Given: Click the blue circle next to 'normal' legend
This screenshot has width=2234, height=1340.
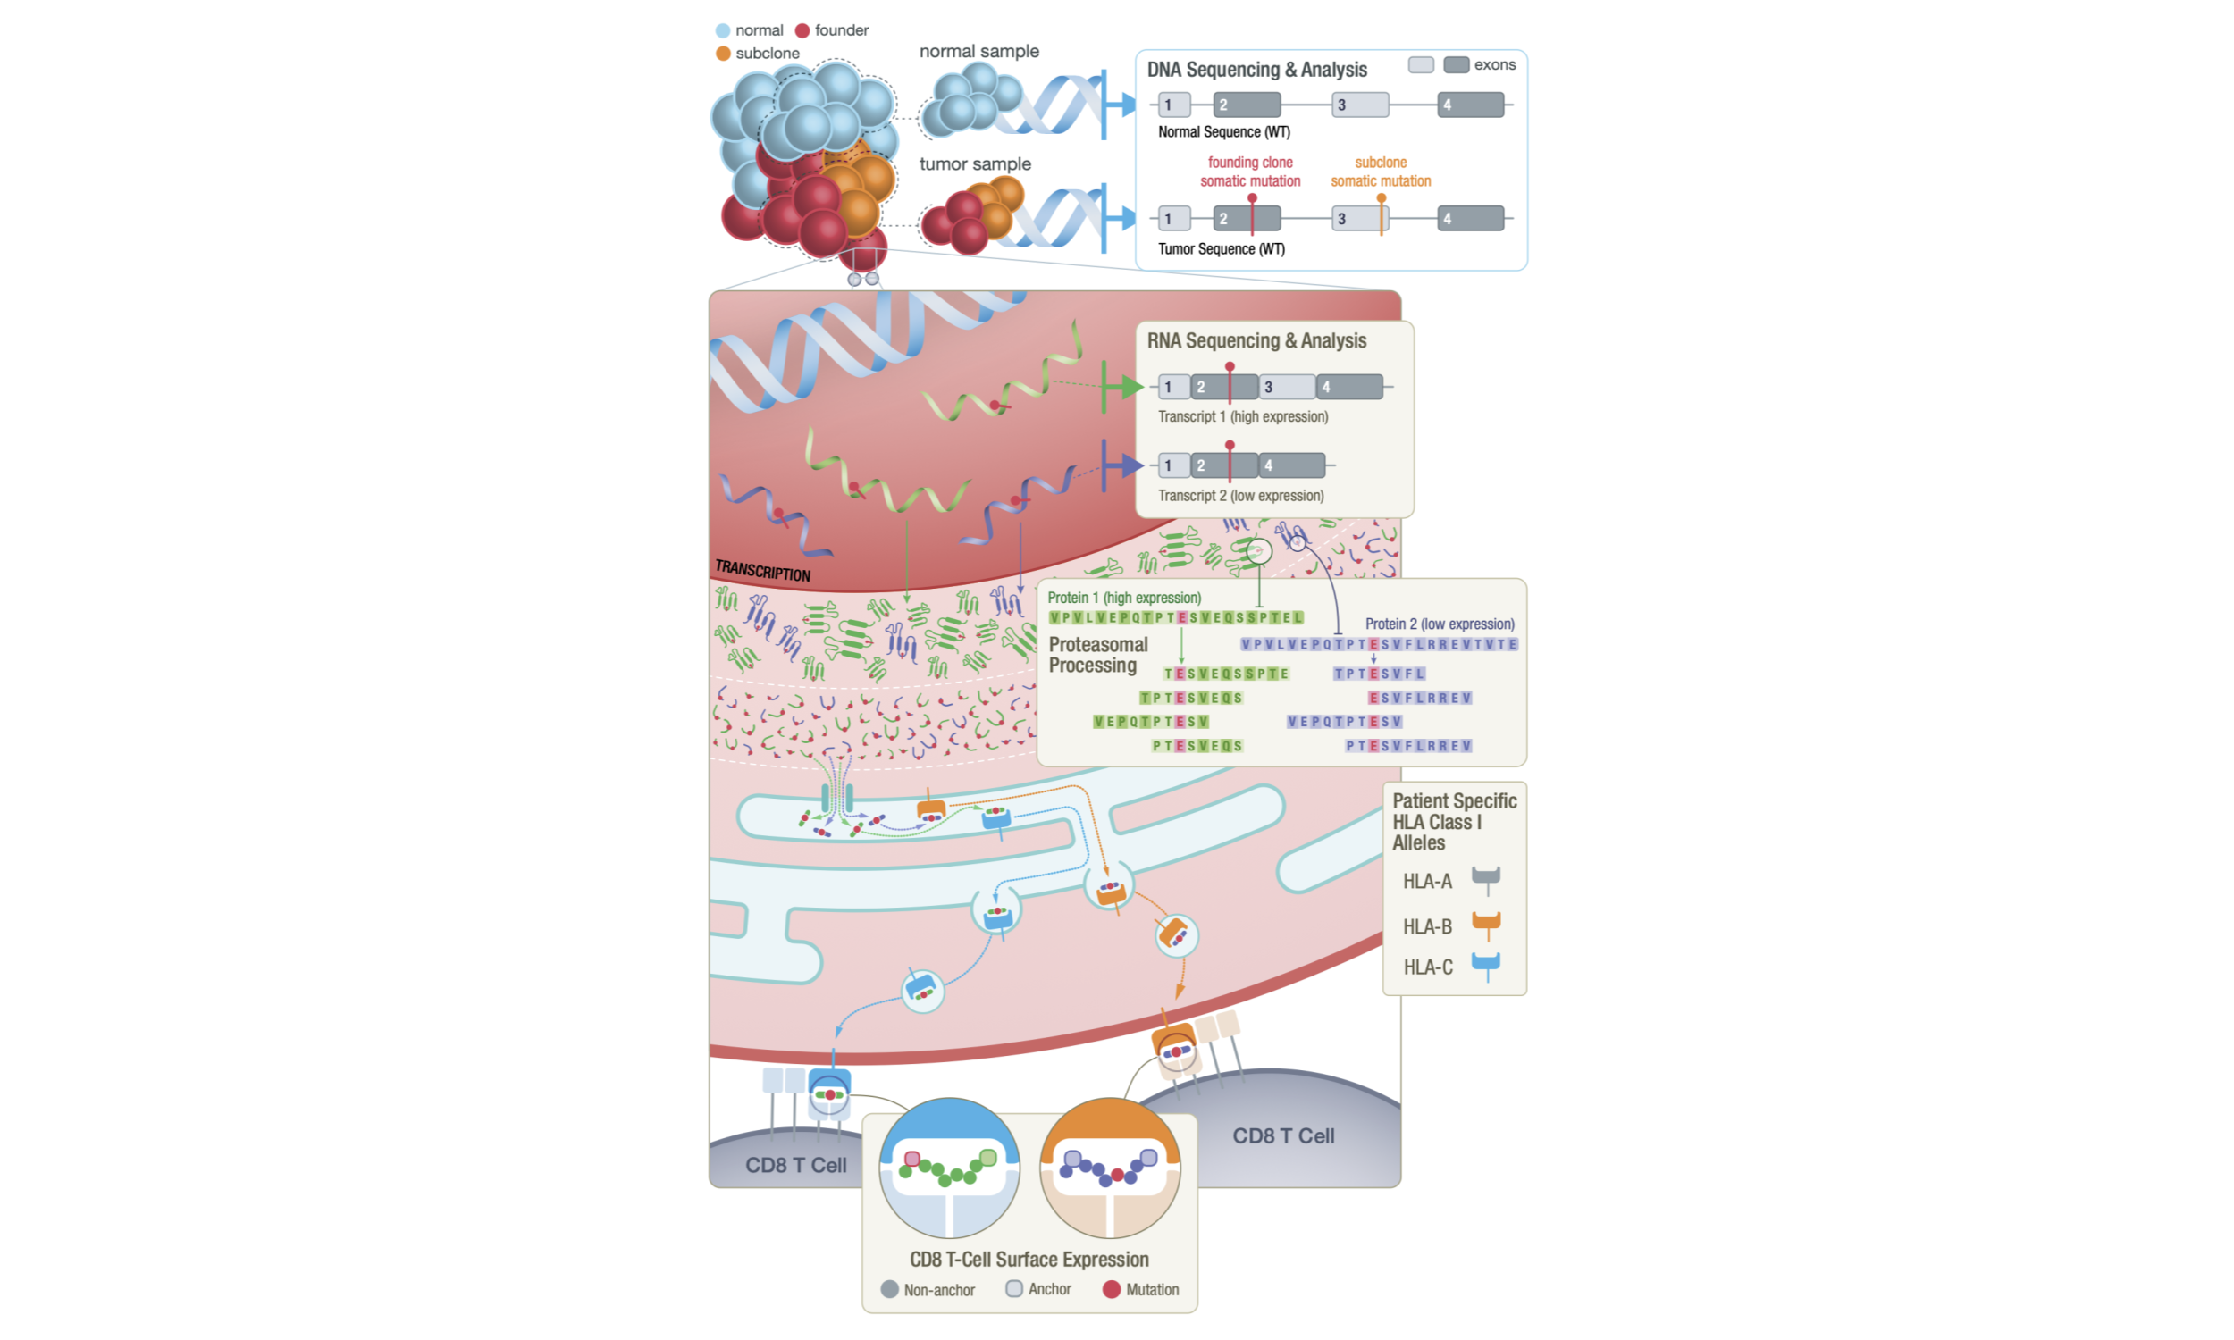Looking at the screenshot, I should (722, 30).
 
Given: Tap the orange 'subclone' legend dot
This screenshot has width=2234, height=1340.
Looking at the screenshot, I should (722, 54).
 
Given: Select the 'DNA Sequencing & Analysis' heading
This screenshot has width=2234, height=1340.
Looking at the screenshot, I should (1256, 70).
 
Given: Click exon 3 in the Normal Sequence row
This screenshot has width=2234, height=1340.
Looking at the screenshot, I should (1359, 105).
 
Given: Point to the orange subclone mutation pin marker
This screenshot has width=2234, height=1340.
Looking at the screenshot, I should (1381, 199).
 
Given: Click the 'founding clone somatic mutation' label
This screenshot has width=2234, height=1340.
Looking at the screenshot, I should (1250, 172).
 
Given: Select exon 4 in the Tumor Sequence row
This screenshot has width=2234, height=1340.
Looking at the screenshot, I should (1470, 219).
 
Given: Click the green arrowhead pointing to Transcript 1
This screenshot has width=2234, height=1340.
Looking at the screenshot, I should (1132, 388).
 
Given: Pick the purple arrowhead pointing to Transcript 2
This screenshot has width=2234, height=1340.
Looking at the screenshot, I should (1132, 466).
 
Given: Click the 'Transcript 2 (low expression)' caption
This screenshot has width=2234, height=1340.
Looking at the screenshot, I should (1240, 496).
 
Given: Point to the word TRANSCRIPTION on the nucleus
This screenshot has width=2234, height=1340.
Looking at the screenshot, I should (762, 571).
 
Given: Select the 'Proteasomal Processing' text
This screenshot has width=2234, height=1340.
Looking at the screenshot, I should (1097, 655).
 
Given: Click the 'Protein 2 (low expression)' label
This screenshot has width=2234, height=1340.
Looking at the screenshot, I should (1440, 624).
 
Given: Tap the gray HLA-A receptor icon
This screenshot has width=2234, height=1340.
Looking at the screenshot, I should (1485, 877).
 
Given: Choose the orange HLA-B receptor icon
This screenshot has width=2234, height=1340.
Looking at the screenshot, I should (1485, 923).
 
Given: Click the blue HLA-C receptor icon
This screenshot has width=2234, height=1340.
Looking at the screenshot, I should (1485, 964).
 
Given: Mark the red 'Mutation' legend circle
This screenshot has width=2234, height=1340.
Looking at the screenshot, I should (1111, 1289).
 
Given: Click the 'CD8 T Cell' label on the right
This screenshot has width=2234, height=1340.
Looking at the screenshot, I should (1282, 1136).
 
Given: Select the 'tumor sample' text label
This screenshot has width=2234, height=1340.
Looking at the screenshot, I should (974, 164).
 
